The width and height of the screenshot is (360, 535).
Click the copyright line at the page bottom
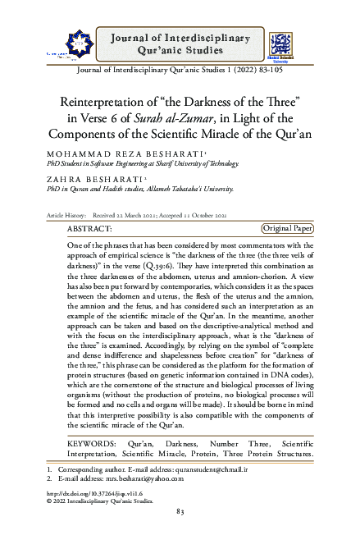(x=106, y=503)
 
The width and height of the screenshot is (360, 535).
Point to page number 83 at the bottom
(x=180, y=513)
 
